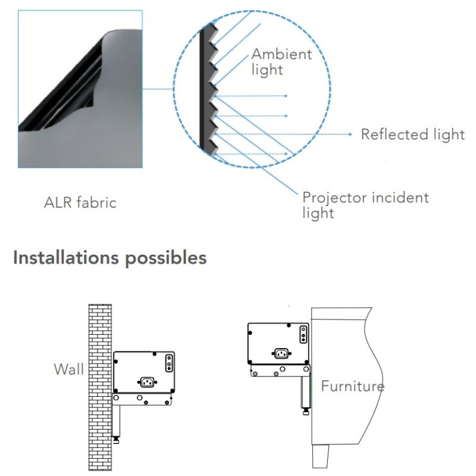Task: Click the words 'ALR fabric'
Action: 80,202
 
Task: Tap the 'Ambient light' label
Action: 281,61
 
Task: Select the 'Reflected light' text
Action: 412,134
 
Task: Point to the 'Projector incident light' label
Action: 365,205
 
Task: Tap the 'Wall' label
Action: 69,369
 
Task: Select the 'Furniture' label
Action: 352,386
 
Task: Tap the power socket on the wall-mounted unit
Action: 147,381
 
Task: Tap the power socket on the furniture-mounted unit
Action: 281,353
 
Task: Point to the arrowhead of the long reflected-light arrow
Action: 352,134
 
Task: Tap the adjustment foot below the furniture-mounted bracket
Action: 306,409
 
